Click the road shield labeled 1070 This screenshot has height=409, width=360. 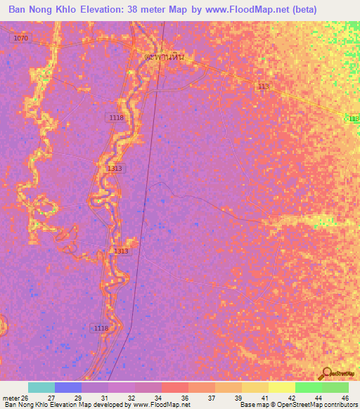20,38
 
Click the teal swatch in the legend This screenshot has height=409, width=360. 41,387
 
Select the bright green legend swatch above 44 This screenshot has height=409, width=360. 308,387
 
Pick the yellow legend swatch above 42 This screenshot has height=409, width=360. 281,387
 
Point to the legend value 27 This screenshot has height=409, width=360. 51,398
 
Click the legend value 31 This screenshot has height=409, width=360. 105,398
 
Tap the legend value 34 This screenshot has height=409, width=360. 158,398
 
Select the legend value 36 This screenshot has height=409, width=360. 186,398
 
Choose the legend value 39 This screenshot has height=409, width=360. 239,398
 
